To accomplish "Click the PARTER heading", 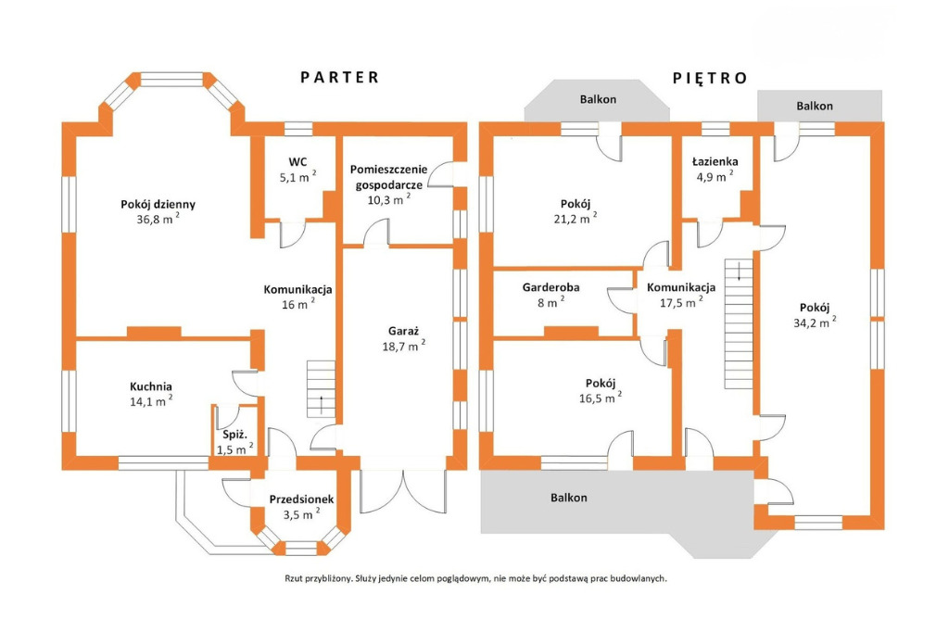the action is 339,78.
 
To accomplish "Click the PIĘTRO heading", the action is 710,78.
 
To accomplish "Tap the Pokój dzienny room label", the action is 158,205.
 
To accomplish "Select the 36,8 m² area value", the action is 158,219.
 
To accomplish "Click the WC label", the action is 297,161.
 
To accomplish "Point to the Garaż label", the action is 404,331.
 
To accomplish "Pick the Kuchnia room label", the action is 151,386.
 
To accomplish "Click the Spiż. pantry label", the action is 234,435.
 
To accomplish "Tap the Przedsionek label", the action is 301,499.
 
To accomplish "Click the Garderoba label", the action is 550,287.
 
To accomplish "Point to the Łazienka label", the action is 715,161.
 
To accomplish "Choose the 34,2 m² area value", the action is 815,322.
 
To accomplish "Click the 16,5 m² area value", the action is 601,398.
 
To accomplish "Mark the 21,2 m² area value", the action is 575,219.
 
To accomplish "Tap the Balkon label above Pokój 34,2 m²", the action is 815,106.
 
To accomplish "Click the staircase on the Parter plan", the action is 321,388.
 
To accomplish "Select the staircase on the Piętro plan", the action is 739,323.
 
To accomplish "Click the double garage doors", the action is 403,491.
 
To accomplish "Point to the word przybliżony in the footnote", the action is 331,579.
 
